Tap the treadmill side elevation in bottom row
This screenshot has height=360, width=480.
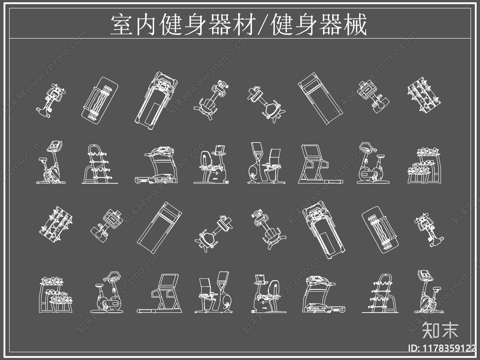tap(323, 294)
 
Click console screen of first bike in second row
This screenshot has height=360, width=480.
tap(55, 146)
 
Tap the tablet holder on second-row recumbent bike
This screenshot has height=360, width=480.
tap(220, 149)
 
